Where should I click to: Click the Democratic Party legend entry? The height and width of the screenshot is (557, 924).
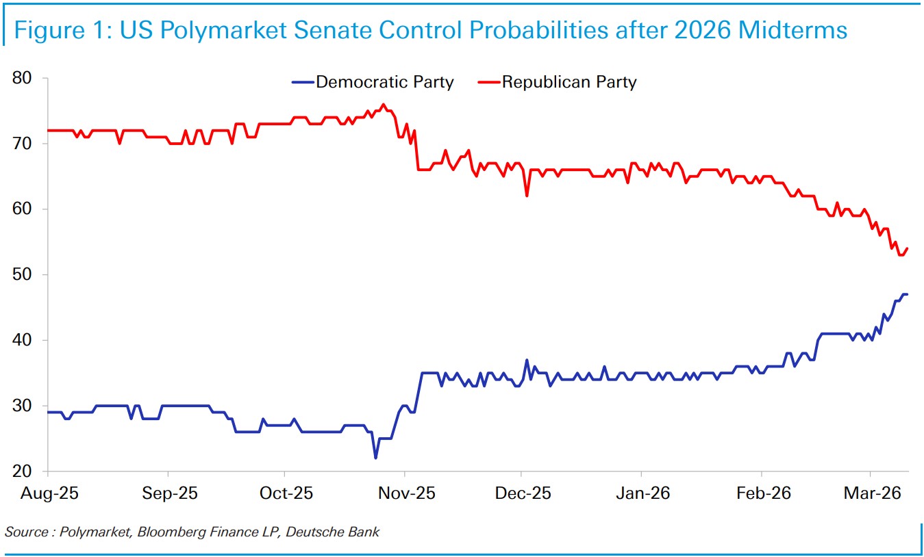click(x=384, y=83)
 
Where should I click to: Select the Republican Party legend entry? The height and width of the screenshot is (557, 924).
click(x=569, y=83)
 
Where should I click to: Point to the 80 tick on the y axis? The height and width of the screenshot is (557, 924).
click(x=23, y=78)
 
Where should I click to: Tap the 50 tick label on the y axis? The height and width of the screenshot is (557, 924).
click(x=23, y=275)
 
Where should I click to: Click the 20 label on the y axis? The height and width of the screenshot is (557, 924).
click(x=23, y=471)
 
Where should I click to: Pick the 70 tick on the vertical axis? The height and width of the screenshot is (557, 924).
click(x=23, y=144)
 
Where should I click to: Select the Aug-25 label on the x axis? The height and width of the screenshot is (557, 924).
click(x=48, y=493)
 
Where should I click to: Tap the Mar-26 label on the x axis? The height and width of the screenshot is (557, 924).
click(x=870, y=493)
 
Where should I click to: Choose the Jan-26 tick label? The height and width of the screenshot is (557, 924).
click(x=641, y=493)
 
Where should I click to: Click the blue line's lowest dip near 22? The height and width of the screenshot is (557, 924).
click(x=375, y=458)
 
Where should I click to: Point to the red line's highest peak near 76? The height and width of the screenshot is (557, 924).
click(x=383, y=105)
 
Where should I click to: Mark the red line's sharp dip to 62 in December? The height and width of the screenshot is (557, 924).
click(x=527, y=196)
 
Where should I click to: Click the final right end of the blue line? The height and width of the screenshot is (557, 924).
click(x=907, y=294)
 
